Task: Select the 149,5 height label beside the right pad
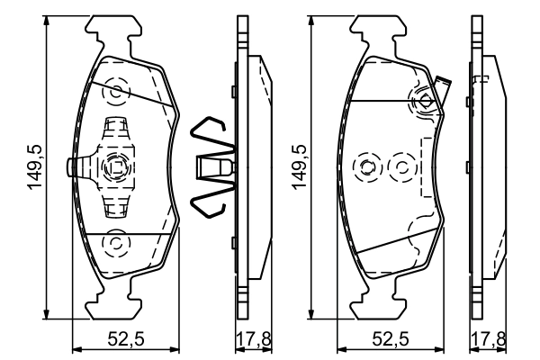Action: pos(301,166)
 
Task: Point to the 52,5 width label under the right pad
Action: pos(393,339)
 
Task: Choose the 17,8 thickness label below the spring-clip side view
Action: pos(248,339)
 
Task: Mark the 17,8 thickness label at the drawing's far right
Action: pos(488,339)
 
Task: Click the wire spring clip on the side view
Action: pos(214,167)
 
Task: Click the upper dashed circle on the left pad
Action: pos(115,92)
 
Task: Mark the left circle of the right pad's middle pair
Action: pos(366,166)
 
